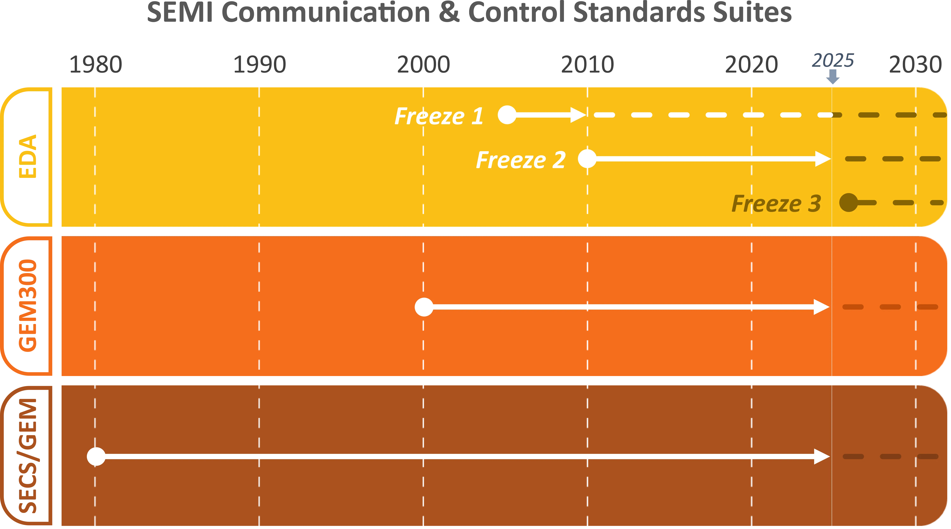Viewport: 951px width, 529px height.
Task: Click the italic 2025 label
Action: [x=833, y=60]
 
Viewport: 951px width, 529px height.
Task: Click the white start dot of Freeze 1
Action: [x=507, y=115]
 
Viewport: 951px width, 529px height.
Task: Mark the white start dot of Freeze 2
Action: [x=587, y=159]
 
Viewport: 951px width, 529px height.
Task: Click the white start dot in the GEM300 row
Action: [x=424, y=307]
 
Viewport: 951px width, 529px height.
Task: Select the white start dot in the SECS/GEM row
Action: [x=96, y=456]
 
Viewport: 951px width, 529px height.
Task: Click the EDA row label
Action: [x=28, y=156]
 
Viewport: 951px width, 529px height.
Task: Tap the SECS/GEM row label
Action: [x=28, y=456]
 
